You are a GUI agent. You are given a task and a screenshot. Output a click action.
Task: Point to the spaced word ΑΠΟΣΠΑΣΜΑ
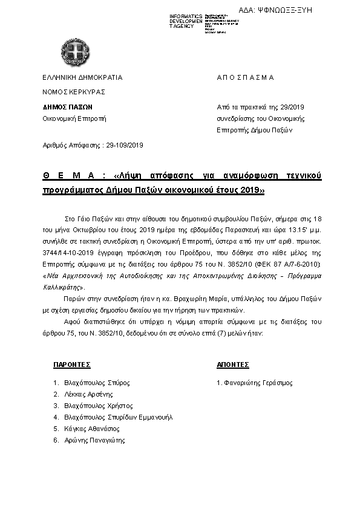[x=245, y=77]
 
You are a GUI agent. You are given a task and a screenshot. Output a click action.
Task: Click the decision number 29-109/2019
[x=123, y=145]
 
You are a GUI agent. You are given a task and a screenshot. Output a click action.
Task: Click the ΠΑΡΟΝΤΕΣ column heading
[x=71, y=365]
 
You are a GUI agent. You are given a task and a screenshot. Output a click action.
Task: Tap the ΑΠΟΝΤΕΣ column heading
[x=232, y=365]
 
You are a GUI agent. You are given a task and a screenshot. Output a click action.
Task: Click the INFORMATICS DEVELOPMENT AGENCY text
[x=186, y=21]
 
